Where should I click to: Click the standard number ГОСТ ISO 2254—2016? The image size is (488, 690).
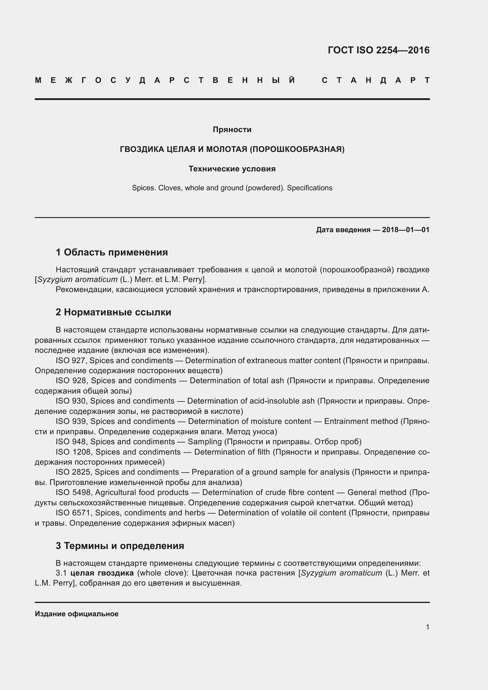tap(378, 50)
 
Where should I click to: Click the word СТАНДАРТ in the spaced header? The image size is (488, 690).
tap(376, 81)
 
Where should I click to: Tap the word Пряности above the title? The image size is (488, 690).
tap(232, 130)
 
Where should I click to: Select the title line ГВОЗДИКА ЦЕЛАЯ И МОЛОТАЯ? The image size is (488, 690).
tap(232, 149)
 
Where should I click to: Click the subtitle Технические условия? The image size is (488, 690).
tap(232, 169)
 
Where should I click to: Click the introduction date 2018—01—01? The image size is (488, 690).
tap(405, 230)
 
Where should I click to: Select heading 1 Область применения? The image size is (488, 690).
tap(112, 252)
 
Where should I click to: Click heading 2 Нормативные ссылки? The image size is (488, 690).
tap(113, 312)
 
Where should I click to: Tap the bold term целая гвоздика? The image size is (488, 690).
tap(102, 573)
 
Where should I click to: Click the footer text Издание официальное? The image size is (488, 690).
tap(77, 614)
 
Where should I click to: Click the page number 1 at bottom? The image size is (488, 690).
tap(428, 627)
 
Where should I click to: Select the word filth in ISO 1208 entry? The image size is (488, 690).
tap(261, 452)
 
